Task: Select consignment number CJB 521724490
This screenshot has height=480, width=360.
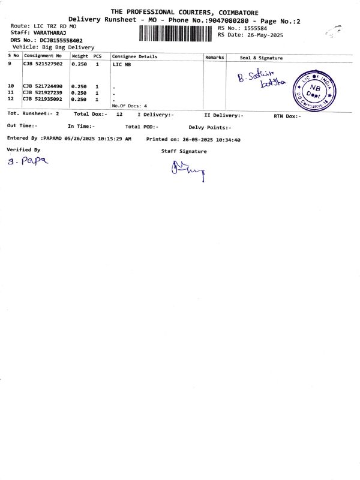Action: [43, 86]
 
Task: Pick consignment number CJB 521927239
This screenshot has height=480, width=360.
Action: [43, 93]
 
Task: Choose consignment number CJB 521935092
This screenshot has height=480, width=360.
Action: [43, 99]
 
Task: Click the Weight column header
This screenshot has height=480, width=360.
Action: [80, 56]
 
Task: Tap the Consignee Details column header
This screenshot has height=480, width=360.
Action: [134, 56]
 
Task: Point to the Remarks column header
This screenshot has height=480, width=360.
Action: [214, 57]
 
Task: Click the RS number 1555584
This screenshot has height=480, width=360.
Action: [256, 28]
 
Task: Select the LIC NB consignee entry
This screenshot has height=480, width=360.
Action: [121, 64]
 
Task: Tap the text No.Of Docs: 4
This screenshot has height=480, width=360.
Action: [130, 106]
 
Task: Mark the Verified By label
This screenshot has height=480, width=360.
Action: [23, 149]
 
